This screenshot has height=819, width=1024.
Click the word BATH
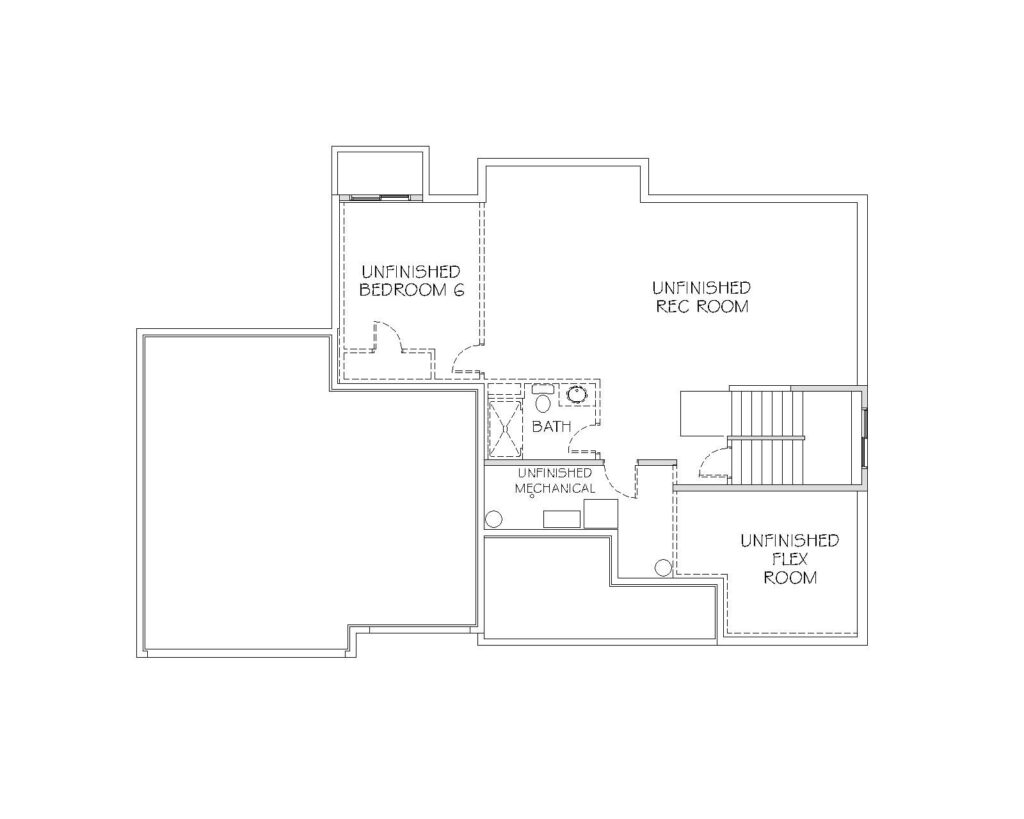(551, 426)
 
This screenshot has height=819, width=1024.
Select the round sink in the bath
(578, 394)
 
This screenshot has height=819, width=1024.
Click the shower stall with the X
(505, 428)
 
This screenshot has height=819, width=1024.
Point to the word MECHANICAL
(555, 488)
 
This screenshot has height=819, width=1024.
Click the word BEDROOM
(402, 290)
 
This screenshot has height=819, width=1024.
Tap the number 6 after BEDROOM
(458, 290)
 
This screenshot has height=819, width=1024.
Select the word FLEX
(790, 559)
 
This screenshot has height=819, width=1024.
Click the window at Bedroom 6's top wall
(382, 197)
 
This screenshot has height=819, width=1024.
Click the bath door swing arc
(584, 439)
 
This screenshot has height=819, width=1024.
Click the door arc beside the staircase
(712, 458)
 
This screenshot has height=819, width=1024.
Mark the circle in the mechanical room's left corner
(493, 519)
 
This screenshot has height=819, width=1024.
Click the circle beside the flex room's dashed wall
(664, 568)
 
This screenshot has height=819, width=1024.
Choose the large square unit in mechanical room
(601, 513)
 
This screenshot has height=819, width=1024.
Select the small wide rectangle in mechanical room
(562, 519)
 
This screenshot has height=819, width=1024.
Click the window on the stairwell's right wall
(865, 438)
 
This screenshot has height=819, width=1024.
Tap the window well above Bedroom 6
(380, 171)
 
